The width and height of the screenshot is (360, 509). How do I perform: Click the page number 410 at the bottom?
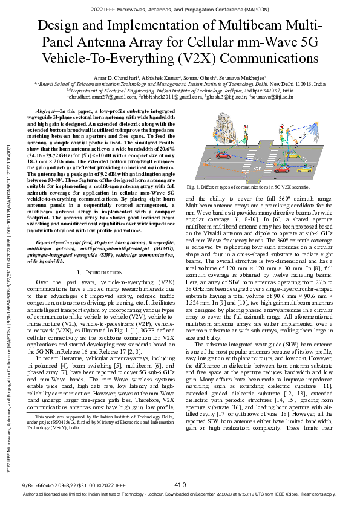tap(180, 485)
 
